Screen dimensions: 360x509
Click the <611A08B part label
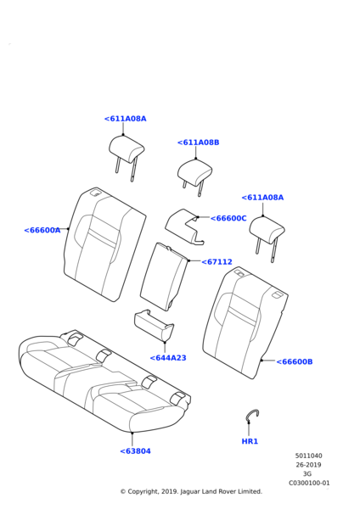198,143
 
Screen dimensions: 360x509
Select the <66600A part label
42,230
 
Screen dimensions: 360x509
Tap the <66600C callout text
228,219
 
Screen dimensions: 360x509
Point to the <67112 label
217,261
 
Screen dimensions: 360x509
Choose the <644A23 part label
168,358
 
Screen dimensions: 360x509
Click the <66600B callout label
295,361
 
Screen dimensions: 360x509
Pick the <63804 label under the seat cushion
135,451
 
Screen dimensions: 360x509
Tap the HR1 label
250,441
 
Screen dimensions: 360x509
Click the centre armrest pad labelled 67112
164,277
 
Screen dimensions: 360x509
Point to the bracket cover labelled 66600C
184,227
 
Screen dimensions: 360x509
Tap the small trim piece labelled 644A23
154,325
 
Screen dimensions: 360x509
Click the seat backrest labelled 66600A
104,245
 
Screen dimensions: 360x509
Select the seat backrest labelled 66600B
245,323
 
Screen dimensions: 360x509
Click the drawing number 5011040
308,456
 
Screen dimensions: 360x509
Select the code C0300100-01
309,483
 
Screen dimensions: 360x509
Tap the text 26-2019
308,465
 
